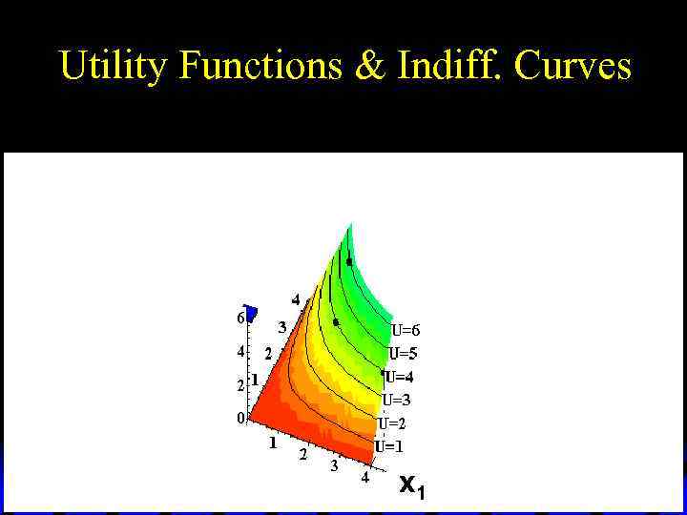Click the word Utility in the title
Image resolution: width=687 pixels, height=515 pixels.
(113, 66)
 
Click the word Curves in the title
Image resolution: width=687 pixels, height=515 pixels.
(572, 66)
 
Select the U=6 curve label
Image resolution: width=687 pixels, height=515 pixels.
(406, 331)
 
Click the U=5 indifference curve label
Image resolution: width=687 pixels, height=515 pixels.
(403, 354)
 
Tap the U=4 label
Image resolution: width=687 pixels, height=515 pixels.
(399, 377)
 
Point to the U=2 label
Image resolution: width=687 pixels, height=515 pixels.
(391, 423)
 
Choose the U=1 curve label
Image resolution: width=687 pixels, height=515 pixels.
(388, 446)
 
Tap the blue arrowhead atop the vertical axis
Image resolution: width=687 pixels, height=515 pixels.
(251, 313)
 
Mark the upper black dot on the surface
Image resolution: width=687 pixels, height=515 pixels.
(349, 261)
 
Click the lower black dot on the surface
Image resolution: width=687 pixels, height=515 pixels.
(336, 322)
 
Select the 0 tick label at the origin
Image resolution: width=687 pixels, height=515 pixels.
(241, 417)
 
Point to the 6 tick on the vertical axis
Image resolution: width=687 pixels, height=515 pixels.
(240, 318)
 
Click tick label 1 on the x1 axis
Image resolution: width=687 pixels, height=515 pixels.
(273, 443)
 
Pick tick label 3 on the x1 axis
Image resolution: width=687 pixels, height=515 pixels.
(334, 466)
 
